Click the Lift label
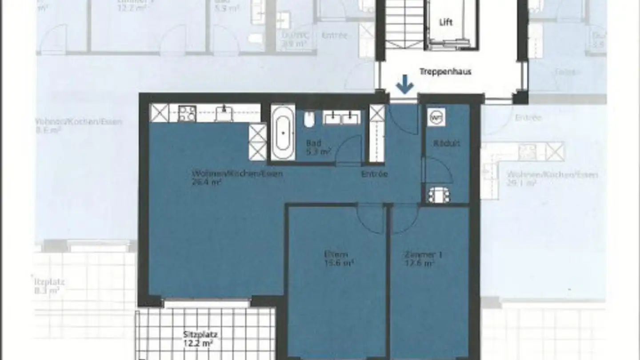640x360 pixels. pos(446,22)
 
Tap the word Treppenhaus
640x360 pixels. pos(445,71)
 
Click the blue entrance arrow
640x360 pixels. pos(404,85)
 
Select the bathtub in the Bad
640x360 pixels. pos(283,132)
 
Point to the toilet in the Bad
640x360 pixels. pos(310,119)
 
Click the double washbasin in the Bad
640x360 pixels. pos(341,118)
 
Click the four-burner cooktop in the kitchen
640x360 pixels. pos(187,114)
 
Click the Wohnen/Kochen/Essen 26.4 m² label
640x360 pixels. pos(236,177)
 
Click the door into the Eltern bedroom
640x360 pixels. pos(370,218)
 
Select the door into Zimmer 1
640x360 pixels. pos(404,218)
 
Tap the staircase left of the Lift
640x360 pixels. pos(404,24)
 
